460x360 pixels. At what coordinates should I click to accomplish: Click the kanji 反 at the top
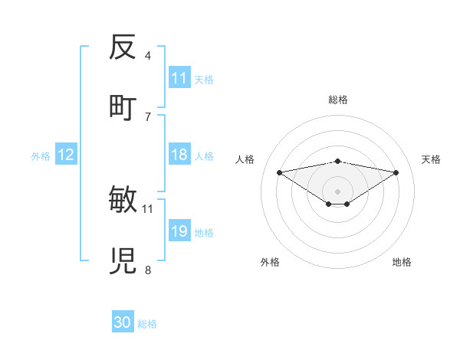coord(123,48)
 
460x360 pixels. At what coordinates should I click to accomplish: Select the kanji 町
coord(123,107)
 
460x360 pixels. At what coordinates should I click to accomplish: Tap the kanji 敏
coord(123,201)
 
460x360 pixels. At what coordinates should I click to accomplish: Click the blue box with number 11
coord(179,78)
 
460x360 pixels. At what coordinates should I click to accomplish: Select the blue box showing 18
coord(179,155)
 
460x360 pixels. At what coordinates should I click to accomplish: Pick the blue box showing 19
coord(179,231)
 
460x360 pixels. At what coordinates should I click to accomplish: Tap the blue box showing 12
coord(66,155)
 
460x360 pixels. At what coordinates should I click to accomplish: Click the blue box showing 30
coord(123,322)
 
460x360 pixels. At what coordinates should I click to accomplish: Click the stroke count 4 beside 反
coord(148,56)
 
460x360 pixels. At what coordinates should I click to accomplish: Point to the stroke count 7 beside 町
coord(148,116)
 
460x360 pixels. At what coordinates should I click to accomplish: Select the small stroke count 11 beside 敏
coord(148,208)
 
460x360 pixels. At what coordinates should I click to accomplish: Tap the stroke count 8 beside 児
coord(148,270)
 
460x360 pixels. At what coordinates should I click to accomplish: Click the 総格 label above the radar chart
coord(338,100)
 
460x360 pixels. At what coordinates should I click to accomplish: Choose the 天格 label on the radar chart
coord(432,159)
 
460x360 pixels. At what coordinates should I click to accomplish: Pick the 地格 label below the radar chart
coord(402,262)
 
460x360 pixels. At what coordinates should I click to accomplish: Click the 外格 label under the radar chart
coord(270,262)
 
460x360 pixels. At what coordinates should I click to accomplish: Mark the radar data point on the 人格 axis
coord(280,172)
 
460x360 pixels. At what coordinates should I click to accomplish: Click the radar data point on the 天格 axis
coord(396,172)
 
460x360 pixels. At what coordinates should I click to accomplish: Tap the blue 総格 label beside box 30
coord(147,324)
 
